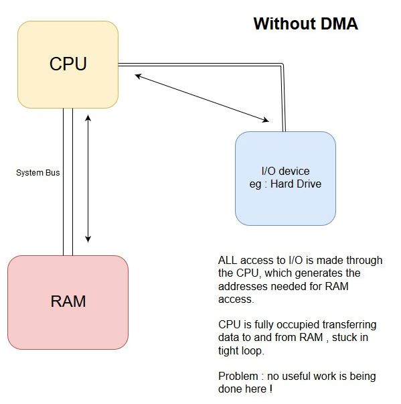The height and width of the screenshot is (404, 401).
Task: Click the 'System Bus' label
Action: click(x=37, y=173)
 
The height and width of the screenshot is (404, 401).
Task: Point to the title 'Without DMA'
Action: click(x=305, y=24)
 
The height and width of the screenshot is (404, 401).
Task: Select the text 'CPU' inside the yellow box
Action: click(x=68, y=64)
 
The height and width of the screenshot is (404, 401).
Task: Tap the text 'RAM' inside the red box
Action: click(x=68, y=301)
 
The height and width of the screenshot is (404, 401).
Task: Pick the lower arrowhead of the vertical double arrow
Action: click(x=88, y=239)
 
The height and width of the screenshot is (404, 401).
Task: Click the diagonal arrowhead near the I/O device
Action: click(x=266, y=121)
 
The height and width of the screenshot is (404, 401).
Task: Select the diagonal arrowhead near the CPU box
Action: click(x=138, y=76)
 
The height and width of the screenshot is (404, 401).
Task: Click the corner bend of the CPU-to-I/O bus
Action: click(x=283, y=66)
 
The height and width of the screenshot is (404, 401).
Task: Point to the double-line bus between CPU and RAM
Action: click(x=68, y=181)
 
